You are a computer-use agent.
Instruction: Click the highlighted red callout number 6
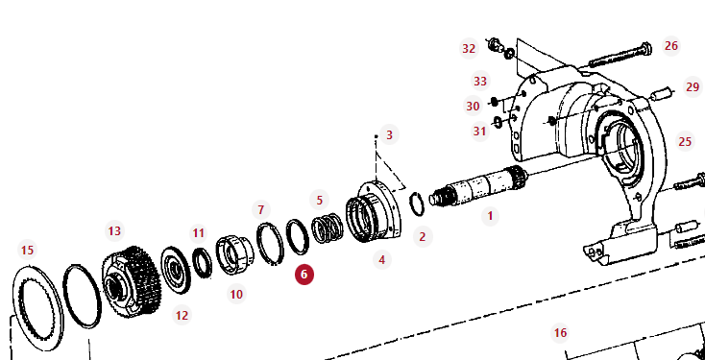[x=304, y=275]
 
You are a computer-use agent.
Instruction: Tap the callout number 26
[x=671, y=46]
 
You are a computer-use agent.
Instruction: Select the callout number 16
[x=560, y=333]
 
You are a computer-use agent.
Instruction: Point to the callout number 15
[x=28, y=250]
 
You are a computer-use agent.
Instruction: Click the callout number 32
[x=469, y=49]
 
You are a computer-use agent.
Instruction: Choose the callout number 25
[x=685, y=142]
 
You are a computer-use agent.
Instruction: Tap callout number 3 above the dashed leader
[x=389, y=134]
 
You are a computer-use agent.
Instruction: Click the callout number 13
[x=114, y=231]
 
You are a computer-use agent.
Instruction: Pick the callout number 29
[x=693, y=86]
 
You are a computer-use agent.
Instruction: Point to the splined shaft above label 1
[x=478, y=185]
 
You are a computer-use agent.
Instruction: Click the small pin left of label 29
[x=662, y=94]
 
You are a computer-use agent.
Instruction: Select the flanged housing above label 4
[x=375, y=211]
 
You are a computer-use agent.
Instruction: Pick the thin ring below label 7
[x=270, y=244]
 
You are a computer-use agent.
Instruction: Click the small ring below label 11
[x=203, y=264]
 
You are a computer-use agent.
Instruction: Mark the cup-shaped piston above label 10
[x=234, y=254]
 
